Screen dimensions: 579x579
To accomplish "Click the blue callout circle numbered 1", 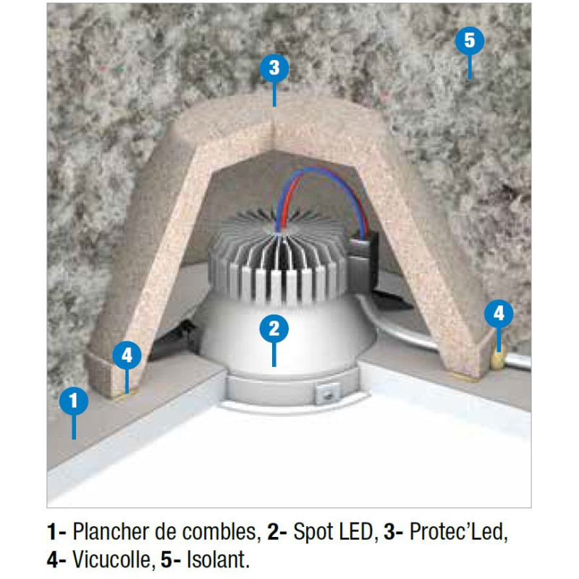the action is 74,400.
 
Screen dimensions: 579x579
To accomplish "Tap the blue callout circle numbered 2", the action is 274,329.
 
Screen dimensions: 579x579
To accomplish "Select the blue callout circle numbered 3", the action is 274,68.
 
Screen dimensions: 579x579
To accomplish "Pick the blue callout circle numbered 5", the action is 469,41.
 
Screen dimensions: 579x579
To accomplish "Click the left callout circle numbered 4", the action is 127,355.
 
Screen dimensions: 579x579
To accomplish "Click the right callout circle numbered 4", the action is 499,314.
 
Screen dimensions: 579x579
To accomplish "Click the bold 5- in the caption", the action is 171,559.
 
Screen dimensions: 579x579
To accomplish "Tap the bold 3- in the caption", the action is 394,532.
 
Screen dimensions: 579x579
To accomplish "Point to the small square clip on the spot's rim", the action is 326,394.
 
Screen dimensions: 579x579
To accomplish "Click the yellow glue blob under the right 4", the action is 497,358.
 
